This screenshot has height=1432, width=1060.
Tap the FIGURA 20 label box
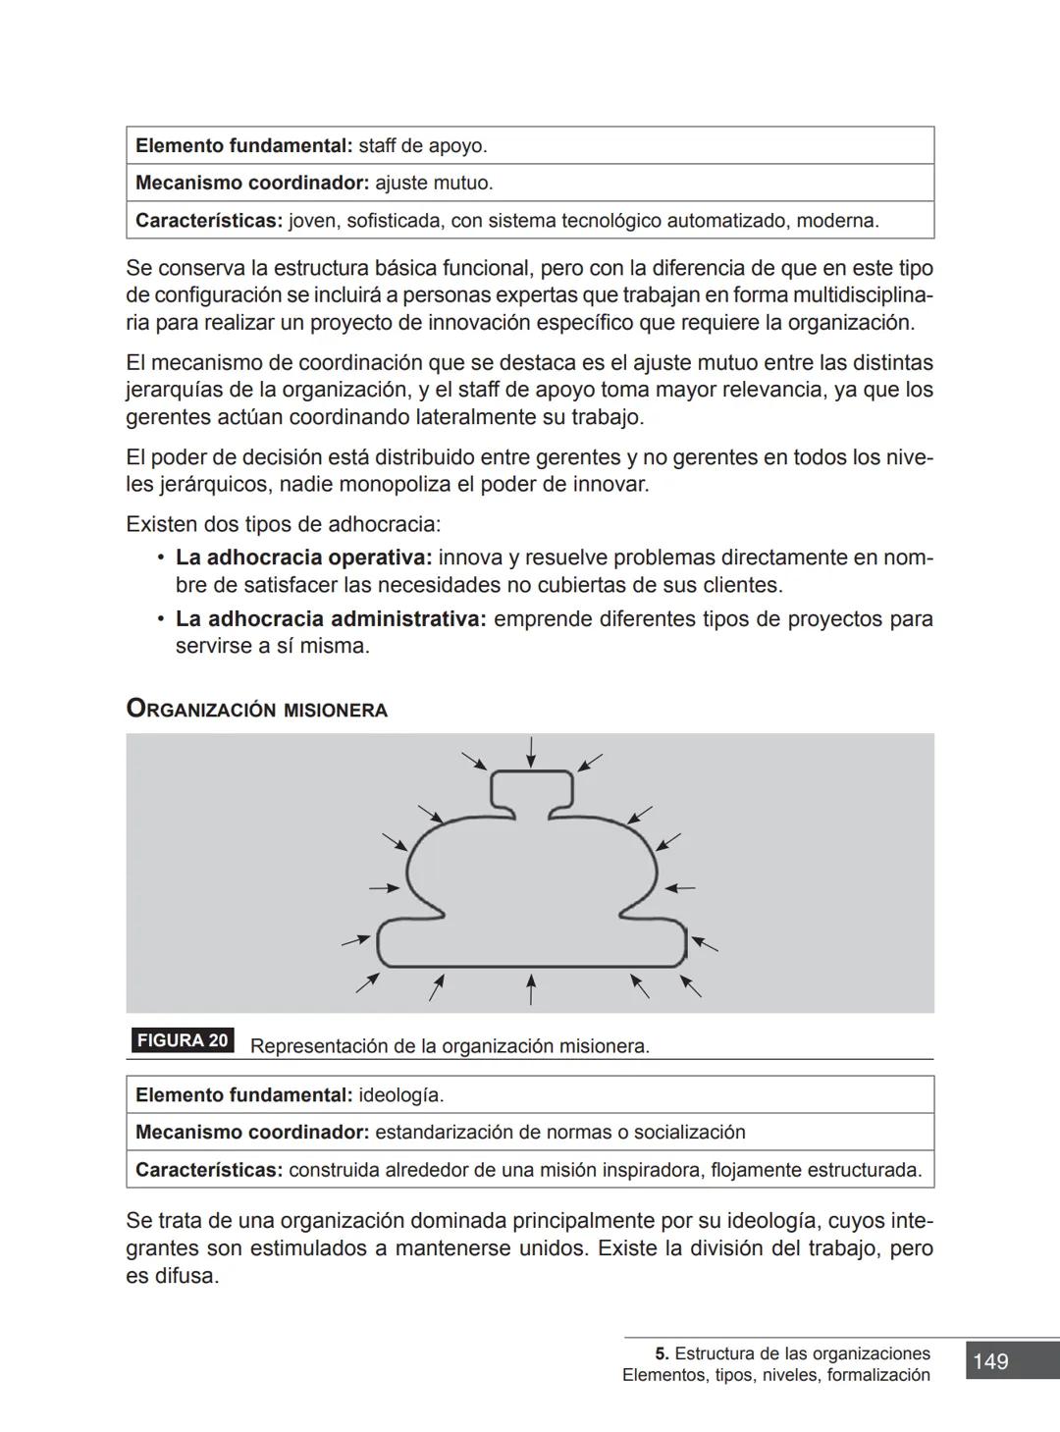point(183,1040)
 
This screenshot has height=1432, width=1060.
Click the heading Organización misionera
point(257,709)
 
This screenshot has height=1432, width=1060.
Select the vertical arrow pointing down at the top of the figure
point(531,752)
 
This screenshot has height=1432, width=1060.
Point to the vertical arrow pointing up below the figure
point(531,988)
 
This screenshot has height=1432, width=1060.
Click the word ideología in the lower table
point(400,1094)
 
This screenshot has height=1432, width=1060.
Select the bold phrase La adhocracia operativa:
point(303,557)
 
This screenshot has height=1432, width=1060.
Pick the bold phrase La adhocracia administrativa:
point(331,619)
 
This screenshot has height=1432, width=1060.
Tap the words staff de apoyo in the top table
point(422,146)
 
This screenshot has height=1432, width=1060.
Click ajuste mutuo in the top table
point(434,184)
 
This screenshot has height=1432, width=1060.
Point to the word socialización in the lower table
point(689,1132)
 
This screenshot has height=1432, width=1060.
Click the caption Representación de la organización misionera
point(450,1046)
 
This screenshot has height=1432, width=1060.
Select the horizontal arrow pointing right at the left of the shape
point(384,888)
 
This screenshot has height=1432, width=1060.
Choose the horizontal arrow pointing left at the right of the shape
point(679,888)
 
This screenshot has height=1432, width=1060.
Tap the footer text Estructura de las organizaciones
point(802,1353)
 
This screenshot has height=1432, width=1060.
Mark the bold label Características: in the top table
point(208,221)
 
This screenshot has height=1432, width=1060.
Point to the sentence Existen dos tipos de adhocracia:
point(284,524)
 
